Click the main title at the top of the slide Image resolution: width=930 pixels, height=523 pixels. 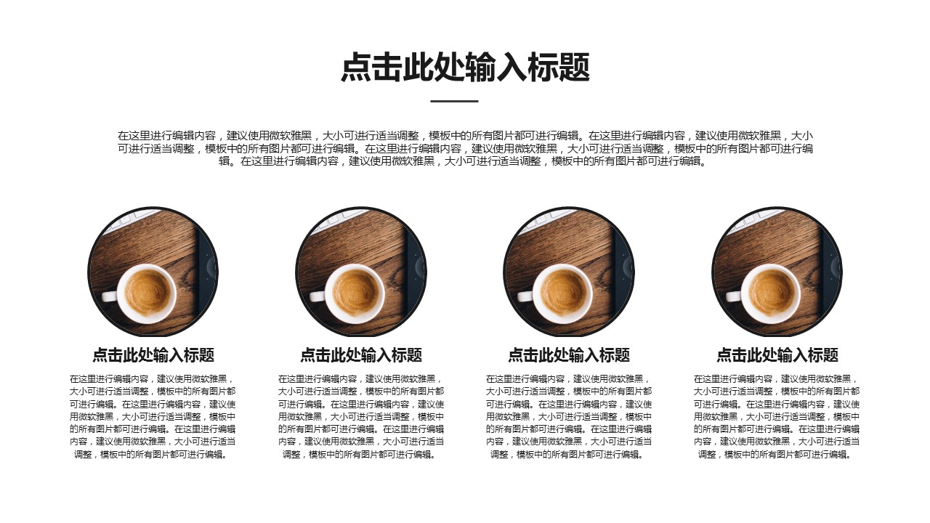[x=465, y=67]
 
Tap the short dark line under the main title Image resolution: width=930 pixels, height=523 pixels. [x=454, y=101]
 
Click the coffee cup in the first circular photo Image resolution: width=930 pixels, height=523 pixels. [x=141, y=294]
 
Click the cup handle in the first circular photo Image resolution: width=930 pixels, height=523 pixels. [x=110, y=296]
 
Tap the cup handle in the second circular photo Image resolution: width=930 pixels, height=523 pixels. [x=318, y=296]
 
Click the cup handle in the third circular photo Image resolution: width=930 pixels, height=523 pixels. [x=525, y=296]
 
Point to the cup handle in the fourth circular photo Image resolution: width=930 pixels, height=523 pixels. [x=734, y=296]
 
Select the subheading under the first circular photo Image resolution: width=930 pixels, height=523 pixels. [x=153, y=355]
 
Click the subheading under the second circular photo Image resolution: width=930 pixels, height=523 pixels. [x=361, y=355]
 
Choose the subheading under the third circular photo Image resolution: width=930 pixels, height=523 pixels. [x=569, y=355]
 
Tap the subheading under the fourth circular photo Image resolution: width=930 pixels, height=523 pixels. [x=777, y=355]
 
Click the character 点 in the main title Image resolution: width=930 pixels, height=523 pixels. [x=356, y=67]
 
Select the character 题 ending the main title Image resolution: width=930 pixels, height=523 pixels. [x=575, y=67]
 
